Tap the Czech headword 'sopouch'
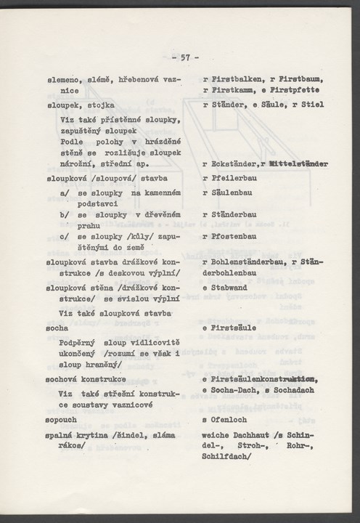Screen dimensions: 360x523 pos(61,420)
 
